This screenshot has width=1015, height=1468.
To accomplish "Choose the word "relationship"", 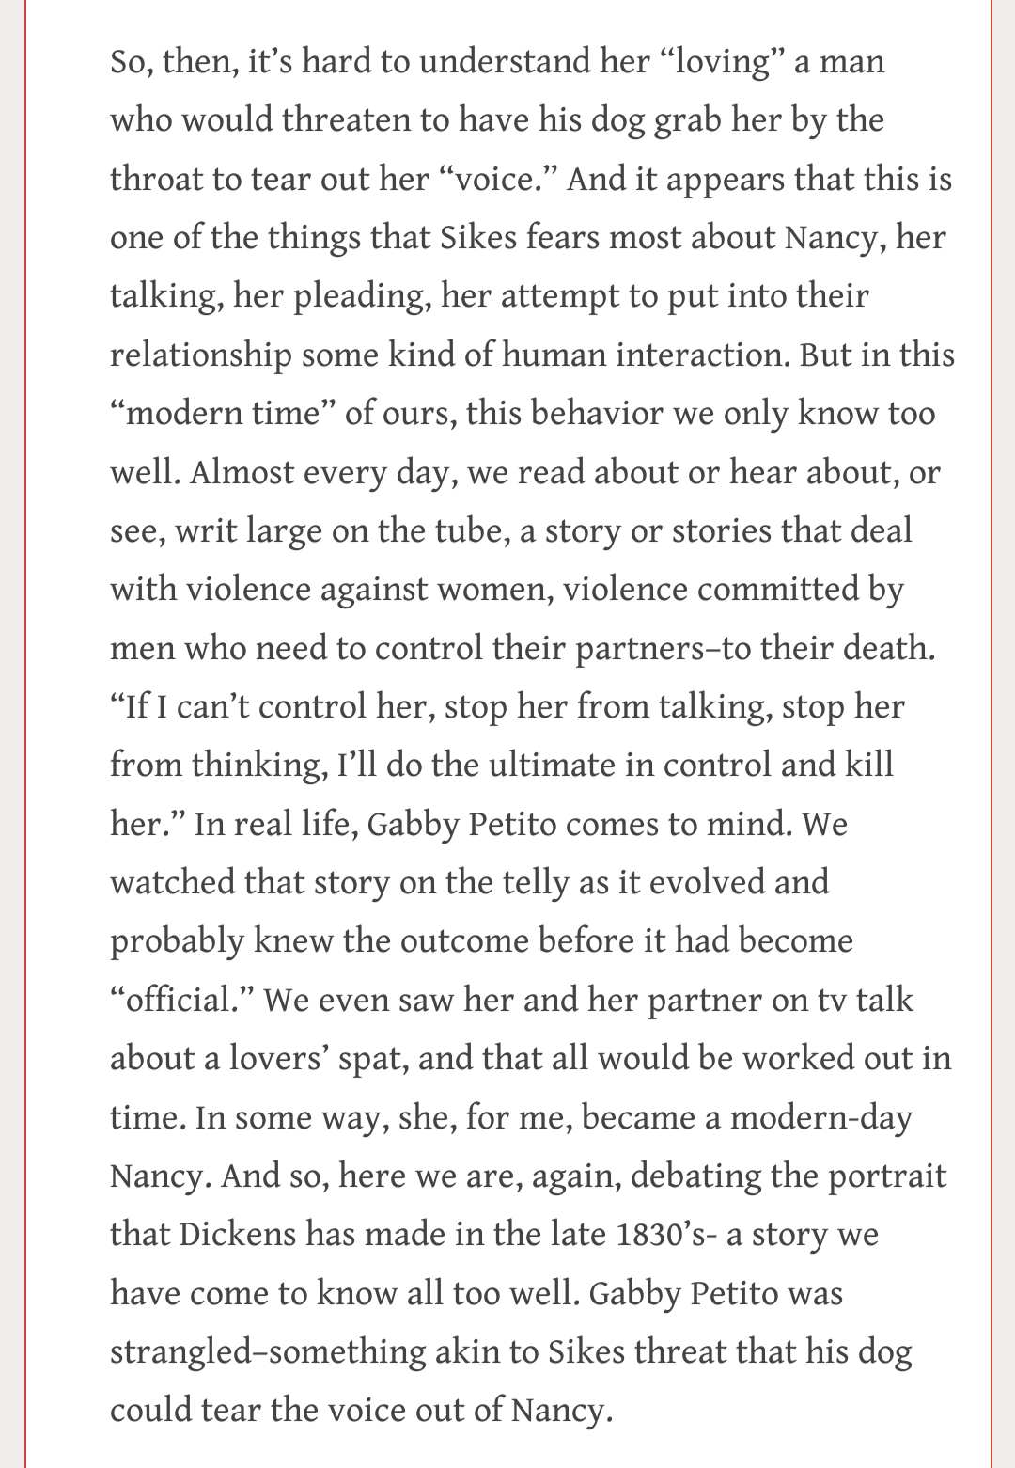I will point(200,355).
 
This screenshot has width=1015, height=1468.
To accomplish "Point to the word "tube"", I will point(443,531).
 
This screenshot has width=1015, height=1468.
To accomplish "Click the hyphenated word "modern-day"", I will point(820,1117).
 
